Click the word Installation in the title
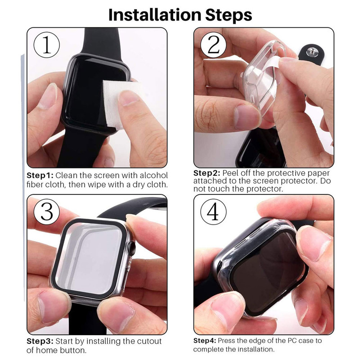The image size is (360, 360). point(154,15)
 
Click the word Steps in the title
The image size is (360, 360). point(229,16)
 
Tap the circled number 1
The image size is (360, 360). point(47,45)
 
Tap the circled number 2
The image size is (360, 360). point(213,45)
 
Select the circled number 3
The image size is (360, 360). point(47,211)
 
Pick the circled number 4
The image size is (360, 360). point(213,211)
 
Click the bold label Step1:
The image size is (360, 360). point(40,175)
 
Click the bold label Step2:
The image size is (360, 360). point(207,173)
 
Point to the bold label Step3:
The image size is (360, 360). point(40,342)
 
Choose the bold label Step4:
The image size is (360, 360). point(205,341)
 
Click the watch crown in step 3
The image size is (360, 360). point(131,248)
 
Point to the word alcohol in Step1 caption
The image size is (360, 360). point(154,175)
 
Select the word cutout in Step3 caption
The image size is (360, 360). point(149,342)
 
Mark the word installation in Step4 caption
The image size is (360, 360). point(256,350)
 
